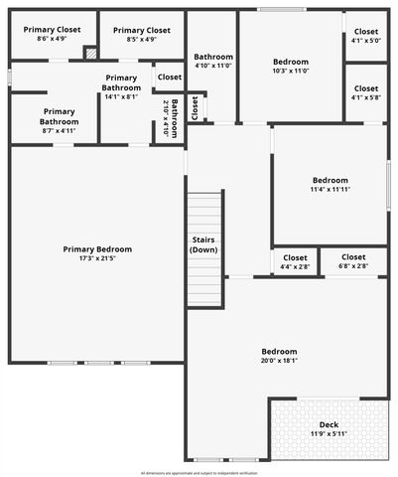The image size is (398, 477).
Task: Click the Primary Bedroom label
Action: coord(97,249)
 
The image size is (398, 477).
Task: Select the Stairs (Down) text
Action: coord(203,244)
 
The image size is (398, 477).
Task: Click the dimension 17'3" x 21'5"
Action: coord(97,259)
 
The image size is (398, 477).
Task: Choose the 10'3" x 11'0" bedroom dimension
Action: coord(290,71)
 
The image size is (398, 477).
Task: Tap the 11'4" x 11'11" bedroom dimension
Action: coord(330,190)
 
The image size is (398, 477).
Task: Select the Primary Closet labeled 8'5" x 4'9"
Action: coord(141,40)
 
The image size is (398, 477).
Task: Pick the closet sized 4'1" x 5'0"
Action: coord(365,41)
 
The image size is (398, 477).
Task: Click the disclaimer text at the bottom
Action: coord(199,472)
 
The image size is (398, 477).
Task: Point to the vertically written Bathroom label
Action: coord(173,118)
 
